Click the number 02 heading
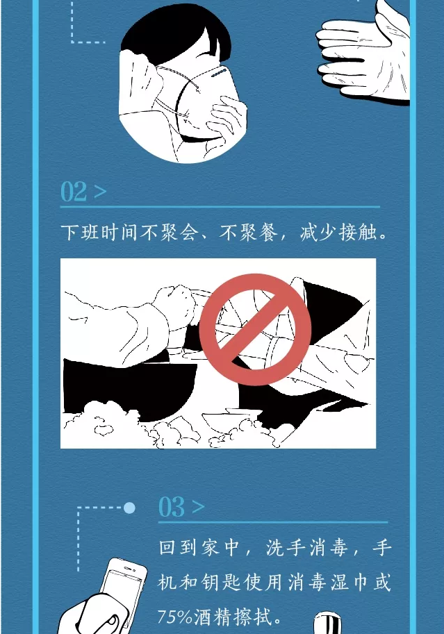pyautogui.click(x=74, y=191)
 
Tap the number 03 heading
pyautogui.click(x=172, y=507)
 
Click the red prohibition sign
pyautogui.click(x=256, y=329)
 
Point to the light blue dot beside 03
pyautogui.click(x=129, y=508)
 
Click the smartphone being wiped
pyautogui.click(x=122, y=586)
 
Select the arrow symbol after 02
pyautogui.click(x=100, y=192)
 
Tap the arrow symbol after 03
pyautogui.click(x=198, y=507)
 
